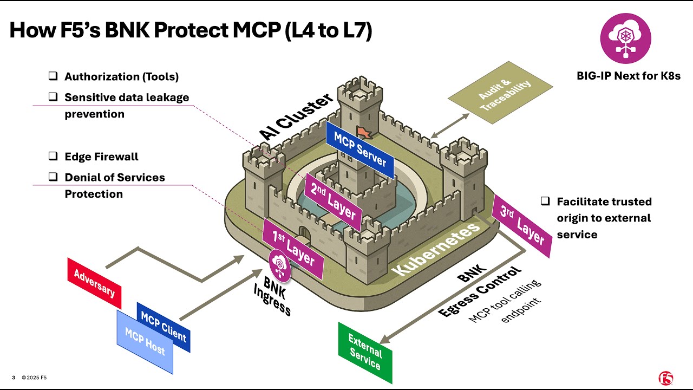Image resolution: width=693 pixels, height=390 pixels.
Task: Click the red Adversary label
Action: click(x=94, y=283)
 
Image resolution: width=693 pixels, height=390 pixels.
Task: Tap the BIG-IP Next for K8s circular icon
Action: click(x=626, y=39)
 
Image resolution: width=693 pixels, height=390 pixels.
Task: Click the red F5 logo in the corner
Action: click(x=665, y=378)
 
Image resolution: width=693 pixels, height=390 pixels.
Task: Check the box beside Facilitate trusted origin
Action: click(x=545, y=201)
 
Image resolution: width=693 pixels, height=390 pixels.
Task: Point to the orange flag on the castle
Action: click(x=362, y=132)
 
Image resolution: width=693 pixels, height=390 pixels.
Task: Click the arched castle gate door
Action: click(x=305, y=233)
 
